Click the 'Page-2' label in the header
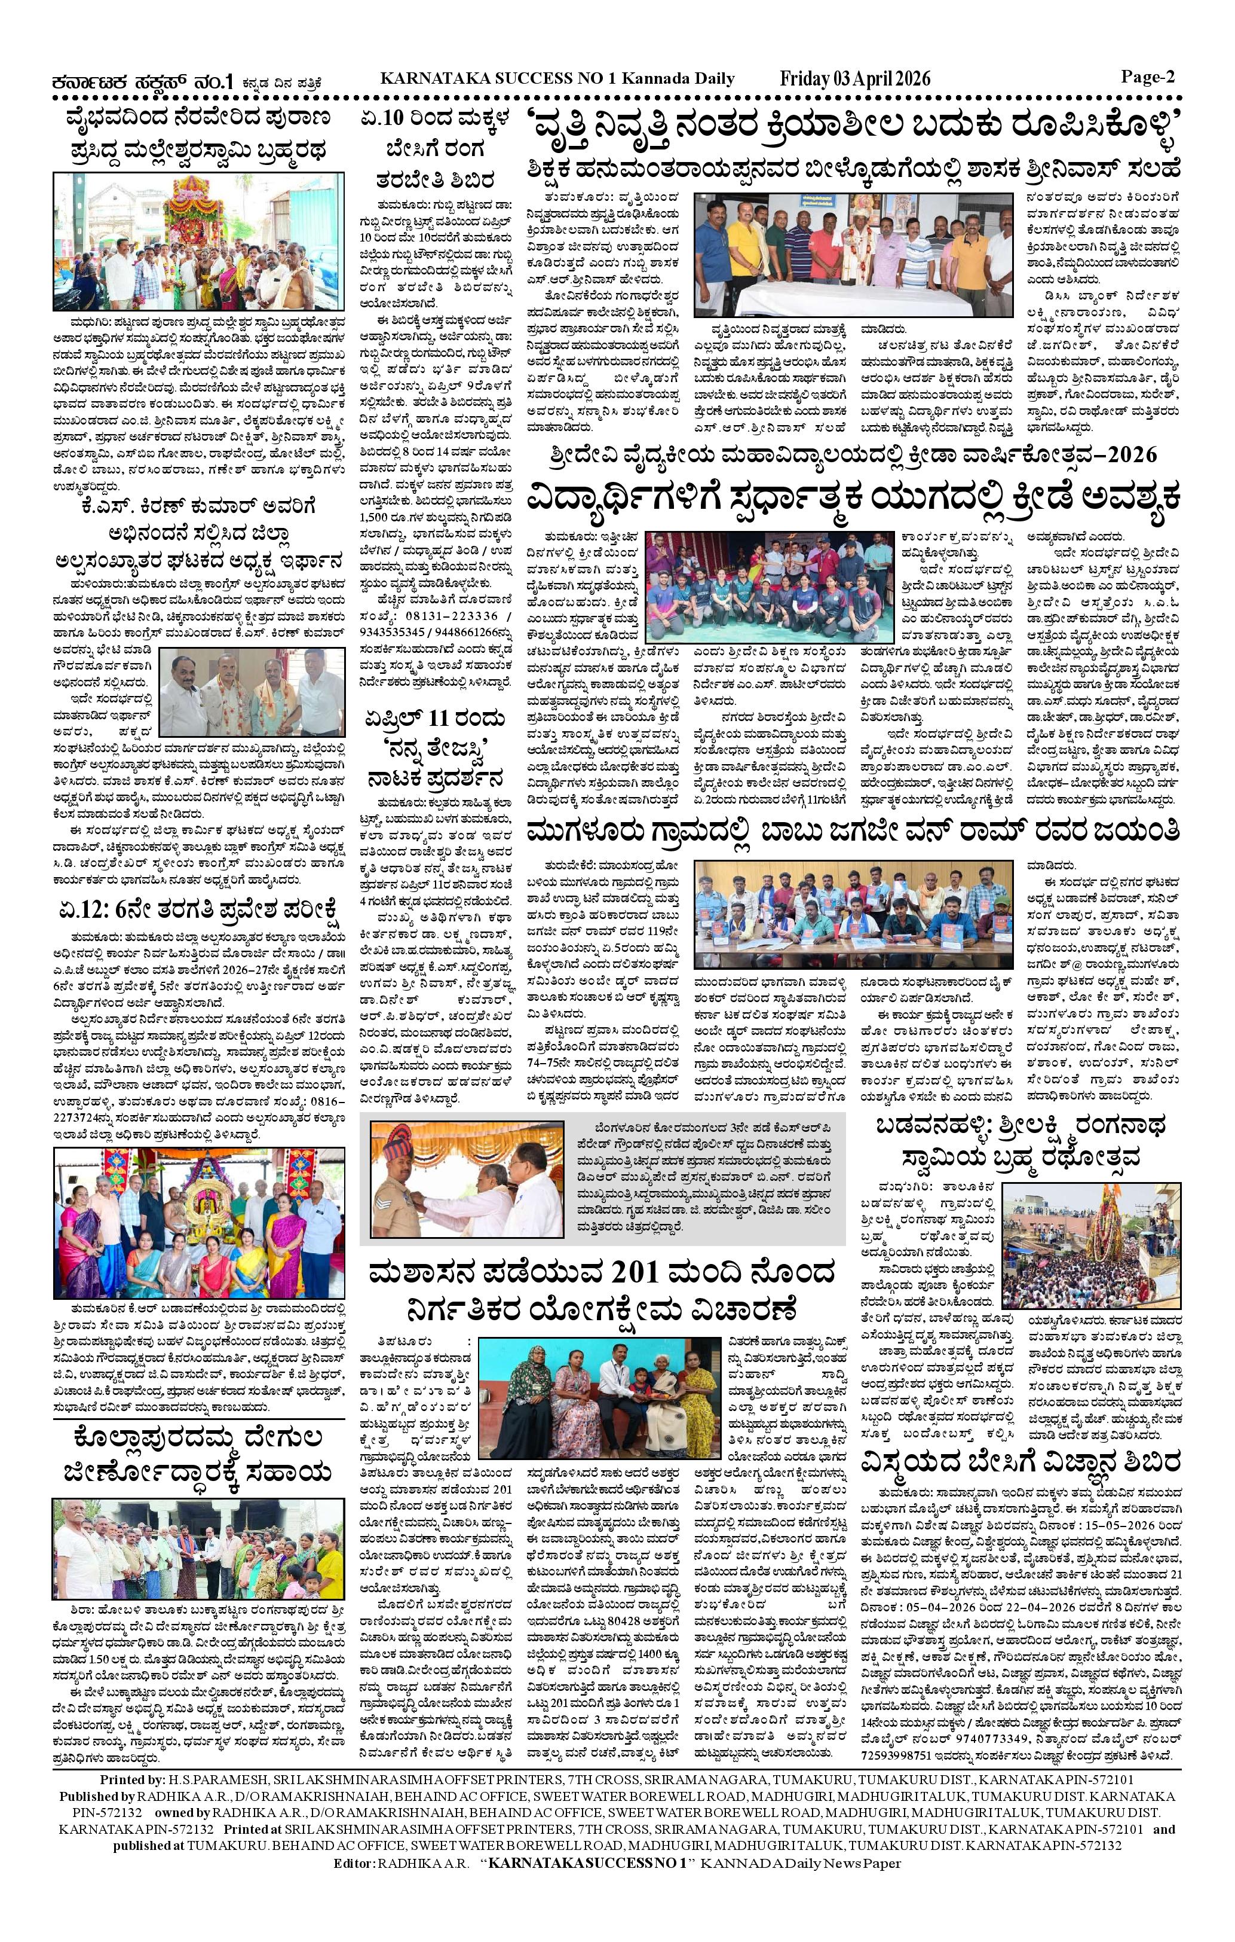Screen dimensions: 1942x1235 [x=1147, y=77]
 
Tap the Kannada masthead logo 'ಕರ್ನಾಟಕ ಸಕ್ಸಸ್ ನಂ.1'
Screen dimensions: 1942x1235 [x=141, y=81]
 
